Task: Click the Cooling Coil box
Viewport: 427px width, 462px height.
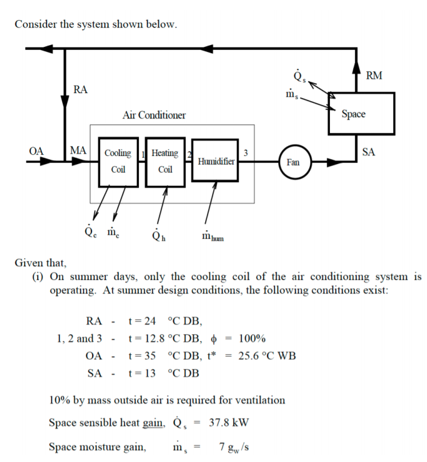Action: tap(118, 162)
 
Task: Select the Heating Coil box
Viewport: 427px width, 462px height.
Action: tap(165, 162)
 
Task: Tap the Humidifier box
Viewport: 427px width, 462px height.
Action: tap(216, 162)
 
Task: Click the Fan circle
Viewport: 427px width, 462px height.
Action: tap(293, 162)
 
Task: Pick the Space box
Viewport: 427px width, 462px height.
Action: tap(361, 114)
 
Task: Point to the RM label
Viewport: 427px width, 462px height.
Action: tap(375, 75)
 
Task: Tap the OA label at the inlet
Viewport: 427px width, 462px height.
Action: tap(36, 151)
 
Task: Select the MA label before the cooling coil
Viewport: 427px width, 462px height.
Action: tap(78, 151)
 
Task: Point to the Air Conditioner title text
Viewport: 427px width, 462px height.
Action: tap(154, 115)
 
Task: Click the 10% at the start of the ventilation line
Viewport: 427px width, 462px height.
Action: tap(60, 400)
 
